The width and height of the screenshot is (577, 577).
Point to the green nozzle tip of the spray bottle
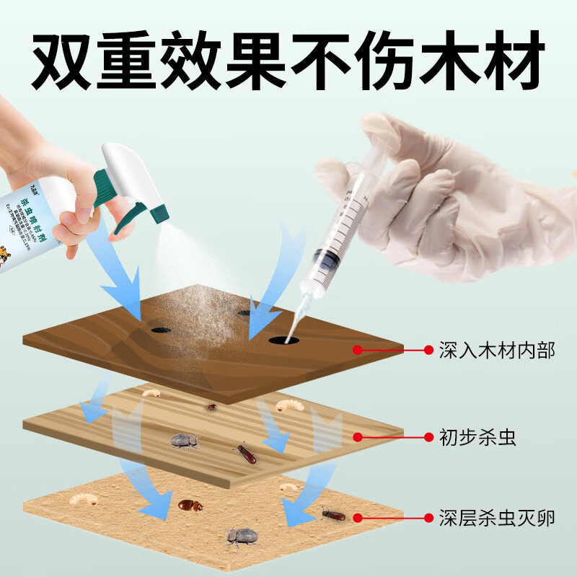(x=159, y=210)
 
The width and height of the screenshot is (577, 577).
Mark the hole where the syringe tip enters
(x=282, y=338)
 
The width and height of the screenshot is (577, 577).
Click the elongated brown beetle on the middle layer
(x=246, y=454)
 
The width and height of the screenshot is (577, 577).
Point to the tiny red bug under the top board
(x=211, y=408)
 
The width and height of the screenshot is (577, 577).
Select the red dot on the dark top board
(x=357, y=351)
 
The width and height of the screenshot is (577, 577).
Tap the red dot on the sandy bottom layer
(x=357, y=517)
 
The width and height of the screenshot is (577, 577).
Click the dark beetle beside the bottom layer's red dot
(x=333, y=514)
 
